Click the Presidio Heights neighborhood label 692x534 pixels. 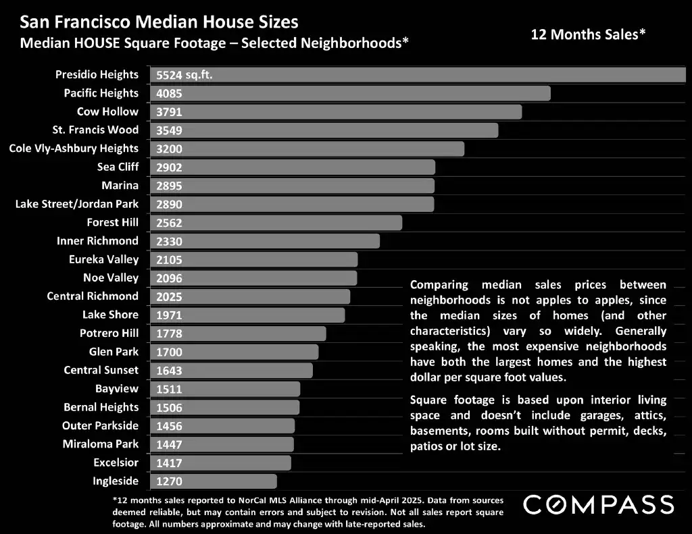97,75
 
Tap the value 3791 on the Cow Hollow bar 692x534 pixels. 169,112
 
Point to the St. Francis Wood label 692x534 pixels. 95,130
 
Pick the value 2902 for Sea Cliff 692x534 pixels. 169,167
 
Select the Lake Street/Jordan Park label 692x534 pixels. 77,204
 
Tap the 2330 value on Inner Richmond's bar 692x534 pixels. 169,241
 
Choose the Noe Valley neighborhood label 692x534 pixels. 111,277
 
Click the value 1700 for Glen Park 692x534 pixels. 169,352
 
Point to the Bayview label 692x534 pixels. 117,388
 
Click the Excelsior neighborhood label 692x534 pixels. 116,462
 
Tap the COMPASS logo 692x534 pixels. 599,504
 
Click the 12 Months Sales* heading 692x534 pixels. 588,34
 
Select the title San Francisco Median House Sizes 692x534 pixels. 159,22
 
